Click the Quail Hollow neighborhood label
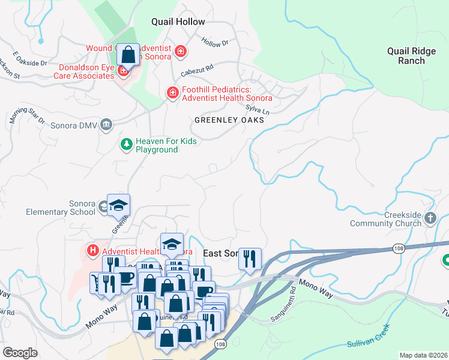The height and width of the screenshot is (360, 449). (x=178, y=22)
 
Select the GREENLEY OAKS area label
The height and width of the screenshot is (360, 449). (x=229, y=120)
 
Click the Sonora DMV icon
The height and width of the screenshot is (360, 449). (x=106, y=124)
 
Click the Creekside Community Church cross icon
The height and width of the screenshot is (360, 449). (x=430, y=218)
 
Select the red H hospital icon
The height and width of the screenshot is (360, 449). (x=93, y=250)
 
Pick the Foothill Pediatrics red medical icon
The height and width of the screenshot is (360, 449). (x=172, y=92)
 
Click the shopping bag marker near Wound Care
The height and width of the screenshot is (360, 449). (x=128, y=56)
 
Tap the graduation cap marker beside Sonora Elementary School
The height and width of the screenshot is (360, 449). (x=119, y=206)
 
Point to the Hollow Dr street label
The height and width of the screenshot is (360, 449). (x=216, y=43)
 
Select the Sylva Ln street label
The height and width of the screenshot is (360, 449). (x=257, y=110)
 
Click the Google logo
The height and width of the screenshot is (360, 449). (x=20, y=352)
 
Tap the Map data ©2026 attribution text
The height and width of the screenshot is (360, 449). (x=423, y=355)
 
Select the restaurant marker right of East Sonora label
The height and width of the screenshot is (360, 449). (x=250, y=259)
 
